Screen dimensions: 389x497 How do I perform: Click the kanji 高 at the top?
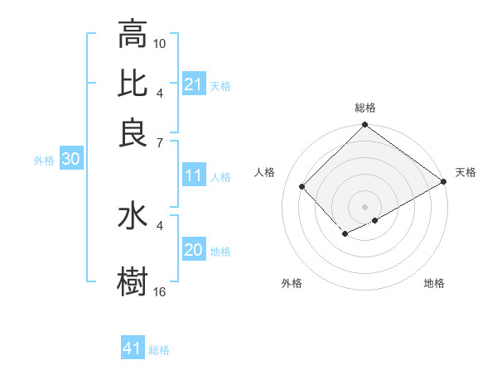pyautogui.click(x=133, y=35)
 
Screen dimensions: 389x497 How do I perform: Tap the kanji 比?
pyautogui.click(x=133, y=84)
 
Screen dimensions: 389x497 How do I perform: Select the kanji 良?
pyautogui.click(x=133, y=132)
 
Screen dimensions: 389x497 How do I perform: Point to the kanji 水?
pyautogui.click(x=133, y=216)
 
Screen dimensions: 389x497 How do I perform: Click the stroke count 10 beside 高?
pyautogui.click(x=160, y=42)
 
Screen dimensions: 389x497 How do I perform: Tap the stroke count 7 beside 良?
pyautogui.click(x=160, y=143)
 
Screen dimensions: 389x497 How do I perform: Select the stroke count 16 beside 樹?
pyautogui.click(x=160, y=292)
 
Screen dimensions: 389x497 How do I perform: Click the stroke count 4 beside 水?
pyautogui.click(x=160, y=224)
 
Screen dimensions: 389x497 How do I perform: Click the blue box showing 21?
pyautogui.click(x=194, y=84)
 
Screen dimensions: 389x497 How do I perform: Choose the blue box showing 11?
pyautogui.click(x=194, y=175)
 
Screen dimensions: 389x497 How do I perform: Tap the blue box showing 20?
pyautogui.click(x=194, y=251)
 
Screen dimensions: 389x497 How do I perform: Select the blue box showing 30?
pyautogui.click(x=70, y=161)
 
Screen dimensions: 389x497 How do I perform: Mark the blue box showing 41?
pyautogui.click(x=133, y=349)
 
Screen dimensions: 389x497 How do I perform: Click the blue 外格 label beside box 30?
pyautogui.click(x=44, y=161)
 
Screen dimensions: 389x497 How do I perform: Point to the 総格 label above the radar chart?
pyautogui.click(x=365, y=108)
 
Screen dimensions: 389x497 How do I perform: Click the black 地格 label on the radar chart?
pyautogui.click(x=434, y=284)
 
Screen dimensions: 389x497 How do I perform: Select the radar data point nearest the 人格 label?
pyautogui.click(x=302, y=186)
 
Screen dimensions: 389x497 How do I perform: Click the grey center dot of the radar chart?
pyautogui.click(x=364, y=206)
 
